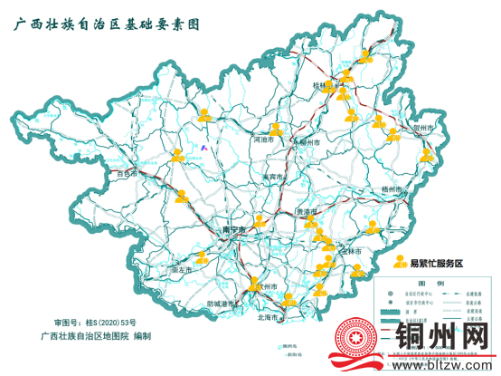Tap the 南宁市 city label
point(234,231)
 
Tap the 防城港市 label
point(221,304)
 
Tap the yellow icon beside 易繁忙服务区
point(401,262)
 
